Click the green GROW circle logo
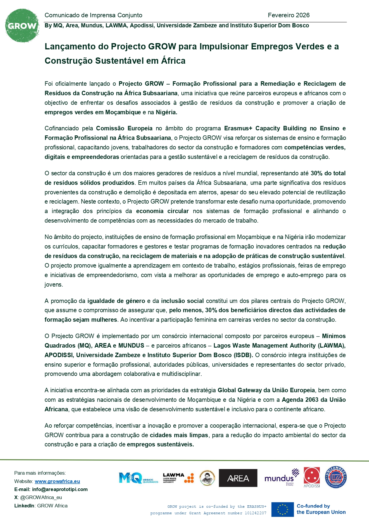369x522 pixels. pos(22,26)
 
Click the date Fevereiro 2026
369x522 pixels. pos(288,15)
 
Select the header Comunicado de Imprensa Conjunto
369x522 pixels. pos(93,15)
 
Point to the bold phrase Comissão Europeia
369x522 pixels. pos(124,128)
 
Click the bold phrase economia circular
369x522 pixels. pos(162,211)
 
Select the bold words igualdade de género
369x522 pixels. pos(116,301)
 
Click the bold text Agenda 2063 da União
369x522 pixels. pos(313,400)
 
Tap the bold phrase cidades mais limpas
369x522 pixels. pos(179,435)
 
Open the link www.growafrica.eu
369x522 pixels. pos(57,481)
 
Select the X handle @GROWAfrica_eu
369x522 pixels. pos(41,497)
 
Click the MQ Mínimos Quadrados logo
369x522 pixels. pos(138,478)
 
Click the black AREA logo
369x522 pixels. pos(238,478)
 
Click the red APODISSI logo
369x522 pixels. pos(312,477)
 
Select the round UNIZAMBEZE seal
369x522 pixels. pos(336,477)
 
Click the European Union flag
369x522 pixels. pos(282,509)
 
